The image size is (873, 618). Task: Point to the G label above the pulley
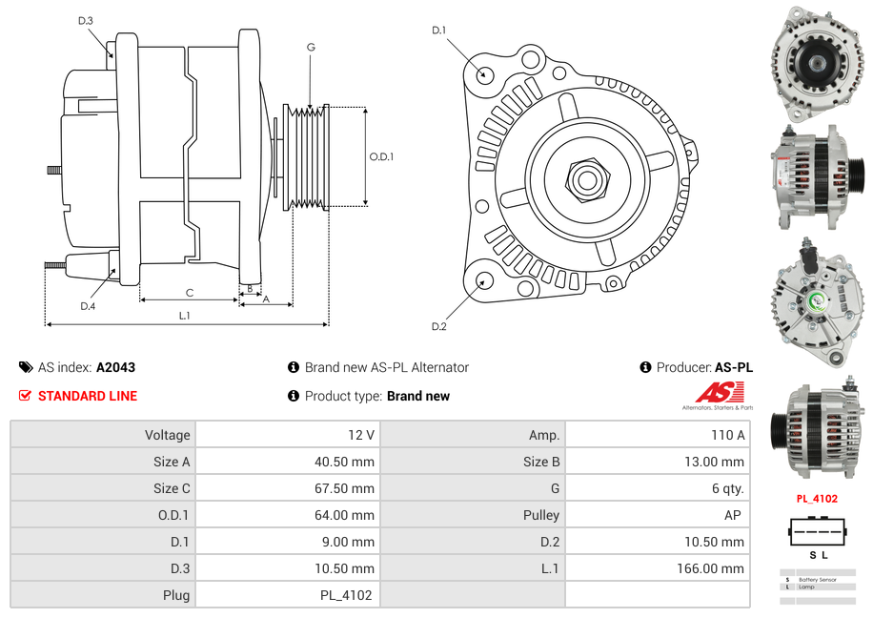tap(311, 48)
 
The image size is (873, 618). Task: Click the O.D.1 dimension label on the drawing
tap(381, 156)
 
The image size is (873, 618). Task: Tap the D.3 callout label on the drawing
tap(86, 20)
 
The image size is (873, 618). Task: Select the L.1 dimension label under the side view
tap(185, 316)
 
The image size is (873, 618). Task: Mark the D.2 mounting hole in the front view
tap(484, 280)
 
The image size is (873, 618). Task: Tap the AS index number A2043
tap(116, 367)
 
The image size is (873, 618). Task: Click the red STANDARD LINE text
tap(88, 396)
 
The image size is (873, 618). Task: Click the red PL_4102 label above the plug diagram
tap(817, 498)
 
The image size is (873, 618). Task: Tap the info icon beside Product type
tap(294, 396)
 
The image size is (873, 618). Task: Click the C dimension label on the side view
tap(190, 293)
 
